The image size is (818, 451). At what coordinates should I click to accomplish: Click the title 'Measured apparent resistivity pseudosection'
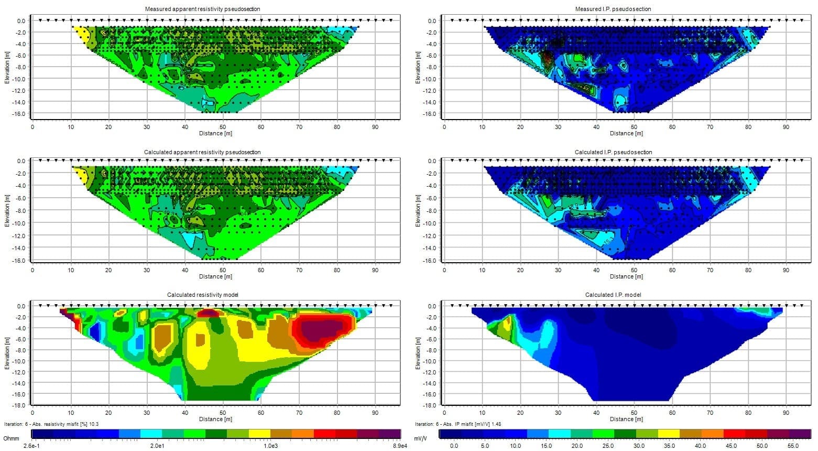coord(202,9)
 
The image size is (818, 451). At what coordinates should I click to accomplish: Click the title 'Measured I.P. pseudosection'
coord(614,9)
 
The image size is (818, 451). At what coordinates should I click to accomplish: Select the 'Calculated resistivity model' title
coord(202,295)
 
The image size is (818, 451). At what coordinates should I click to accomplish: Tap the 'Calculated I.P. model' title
coord(614,295)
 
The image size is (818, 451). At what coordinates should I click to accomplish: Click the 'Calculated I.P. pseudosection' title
coord(614,152)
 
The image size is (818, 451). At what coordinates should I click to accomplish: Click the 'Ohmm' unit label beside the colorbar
coord(11,437)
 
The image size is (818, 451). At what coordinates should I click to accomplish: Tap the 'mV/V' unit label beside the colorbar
coord(421,437)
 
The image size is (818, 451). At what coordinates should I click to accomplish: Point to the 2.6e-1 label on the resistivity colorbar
coord(31,446)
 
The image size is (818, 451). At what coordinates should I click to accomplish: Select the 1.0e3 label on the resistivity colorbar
coord(270,446)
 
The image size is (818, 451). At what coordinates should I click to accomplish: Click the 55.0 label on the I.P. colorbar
coord(794,446)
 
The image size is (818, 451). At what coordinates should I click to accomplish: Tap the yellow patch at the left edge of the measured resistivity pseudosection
coord(81,36)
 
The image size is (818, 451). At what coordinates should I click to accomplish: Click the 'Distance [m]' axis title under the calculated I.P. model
coord(627,419)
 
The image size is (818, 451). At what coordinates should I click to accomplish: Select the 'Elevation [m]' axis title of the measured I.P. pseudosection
coord(418,67)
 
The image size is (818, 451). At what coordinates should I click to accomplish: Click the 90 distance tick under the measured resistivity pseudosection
coord(375,127)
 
